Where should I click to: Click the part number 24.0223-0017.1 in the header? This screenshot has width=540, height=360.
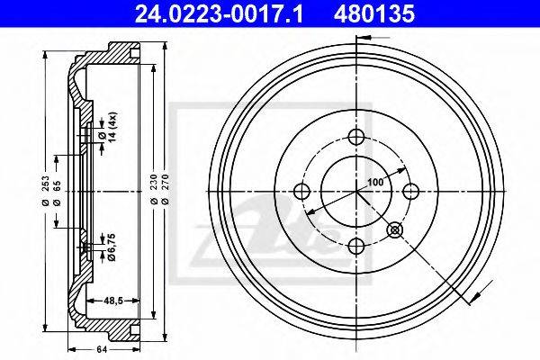[x=220, y=14]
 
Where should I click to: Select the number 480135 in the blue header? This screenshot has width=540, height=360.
[x=374, y=14]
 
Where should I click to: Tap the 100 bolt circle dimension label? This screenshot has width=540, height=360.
[x=375, y=182]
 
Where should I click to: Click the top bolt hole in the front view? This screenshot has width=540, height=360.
[x=356, y=137]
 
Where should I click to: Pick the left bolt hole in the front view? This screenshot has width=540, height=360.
[x=302, y=191]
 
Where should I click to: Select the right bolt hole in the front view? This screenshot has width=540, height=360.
[x=410, y=191]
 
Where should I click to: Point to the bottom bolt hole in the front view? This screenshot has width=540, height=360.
[x=356, y=246]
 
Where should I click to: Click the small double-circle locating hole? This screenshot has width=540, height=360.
[x=395, y=229]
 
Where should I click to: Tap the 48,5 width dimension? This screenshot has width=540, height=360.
[x=113, y=301]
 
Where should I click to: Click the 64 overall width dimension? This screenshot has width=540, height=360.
[x=102, y=350]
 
